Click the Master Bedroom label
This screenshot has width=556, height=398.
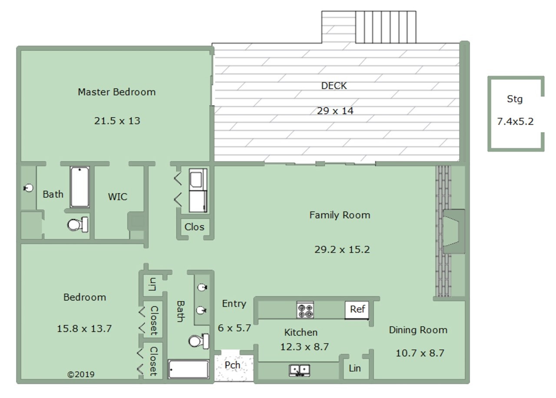tap(117, 92)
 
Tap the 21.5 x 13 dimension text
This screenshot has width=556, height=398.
tap(117, 121)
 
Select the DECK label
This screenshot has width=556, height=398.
tap(334, 86)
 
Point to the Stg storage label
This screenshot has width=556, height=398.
tap(515, 99)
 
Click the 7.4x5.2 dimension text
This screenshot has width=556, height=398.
tap(515, 121)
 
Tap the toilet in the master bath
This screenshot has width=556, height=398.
tap(78, 225)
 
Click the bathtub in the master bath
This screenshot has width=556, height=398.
tap(79, 187)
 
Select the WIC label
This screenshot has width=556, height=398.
tap(118, 197)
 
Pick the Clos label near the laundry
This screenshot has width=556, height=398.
tap(194, 227)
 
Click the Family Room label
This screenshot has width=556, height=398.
tap(340, 215)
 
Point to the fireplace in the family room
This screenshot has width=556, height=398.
tap(454, 232)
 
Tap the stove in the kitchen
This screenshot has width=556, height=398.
tap(305, 310)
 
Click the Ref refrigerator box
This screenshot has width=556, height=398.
tap(357, 310)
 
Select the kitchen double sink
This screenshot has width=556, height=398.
tap(300, 370)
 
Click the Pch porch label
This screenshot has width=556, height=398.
tap(232, 365)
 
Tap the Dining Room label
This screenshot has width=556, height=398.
tap(418, 330)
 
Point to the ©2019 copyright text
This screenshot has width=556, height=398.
tap(81, 375)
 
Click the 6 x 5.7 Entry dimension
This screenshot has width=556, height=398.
tap(234, 328)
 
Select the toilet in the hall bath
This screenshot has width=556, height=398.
tap(199, 341)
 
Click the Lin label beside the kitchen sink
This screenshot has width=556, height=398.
tap(355, 368)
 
